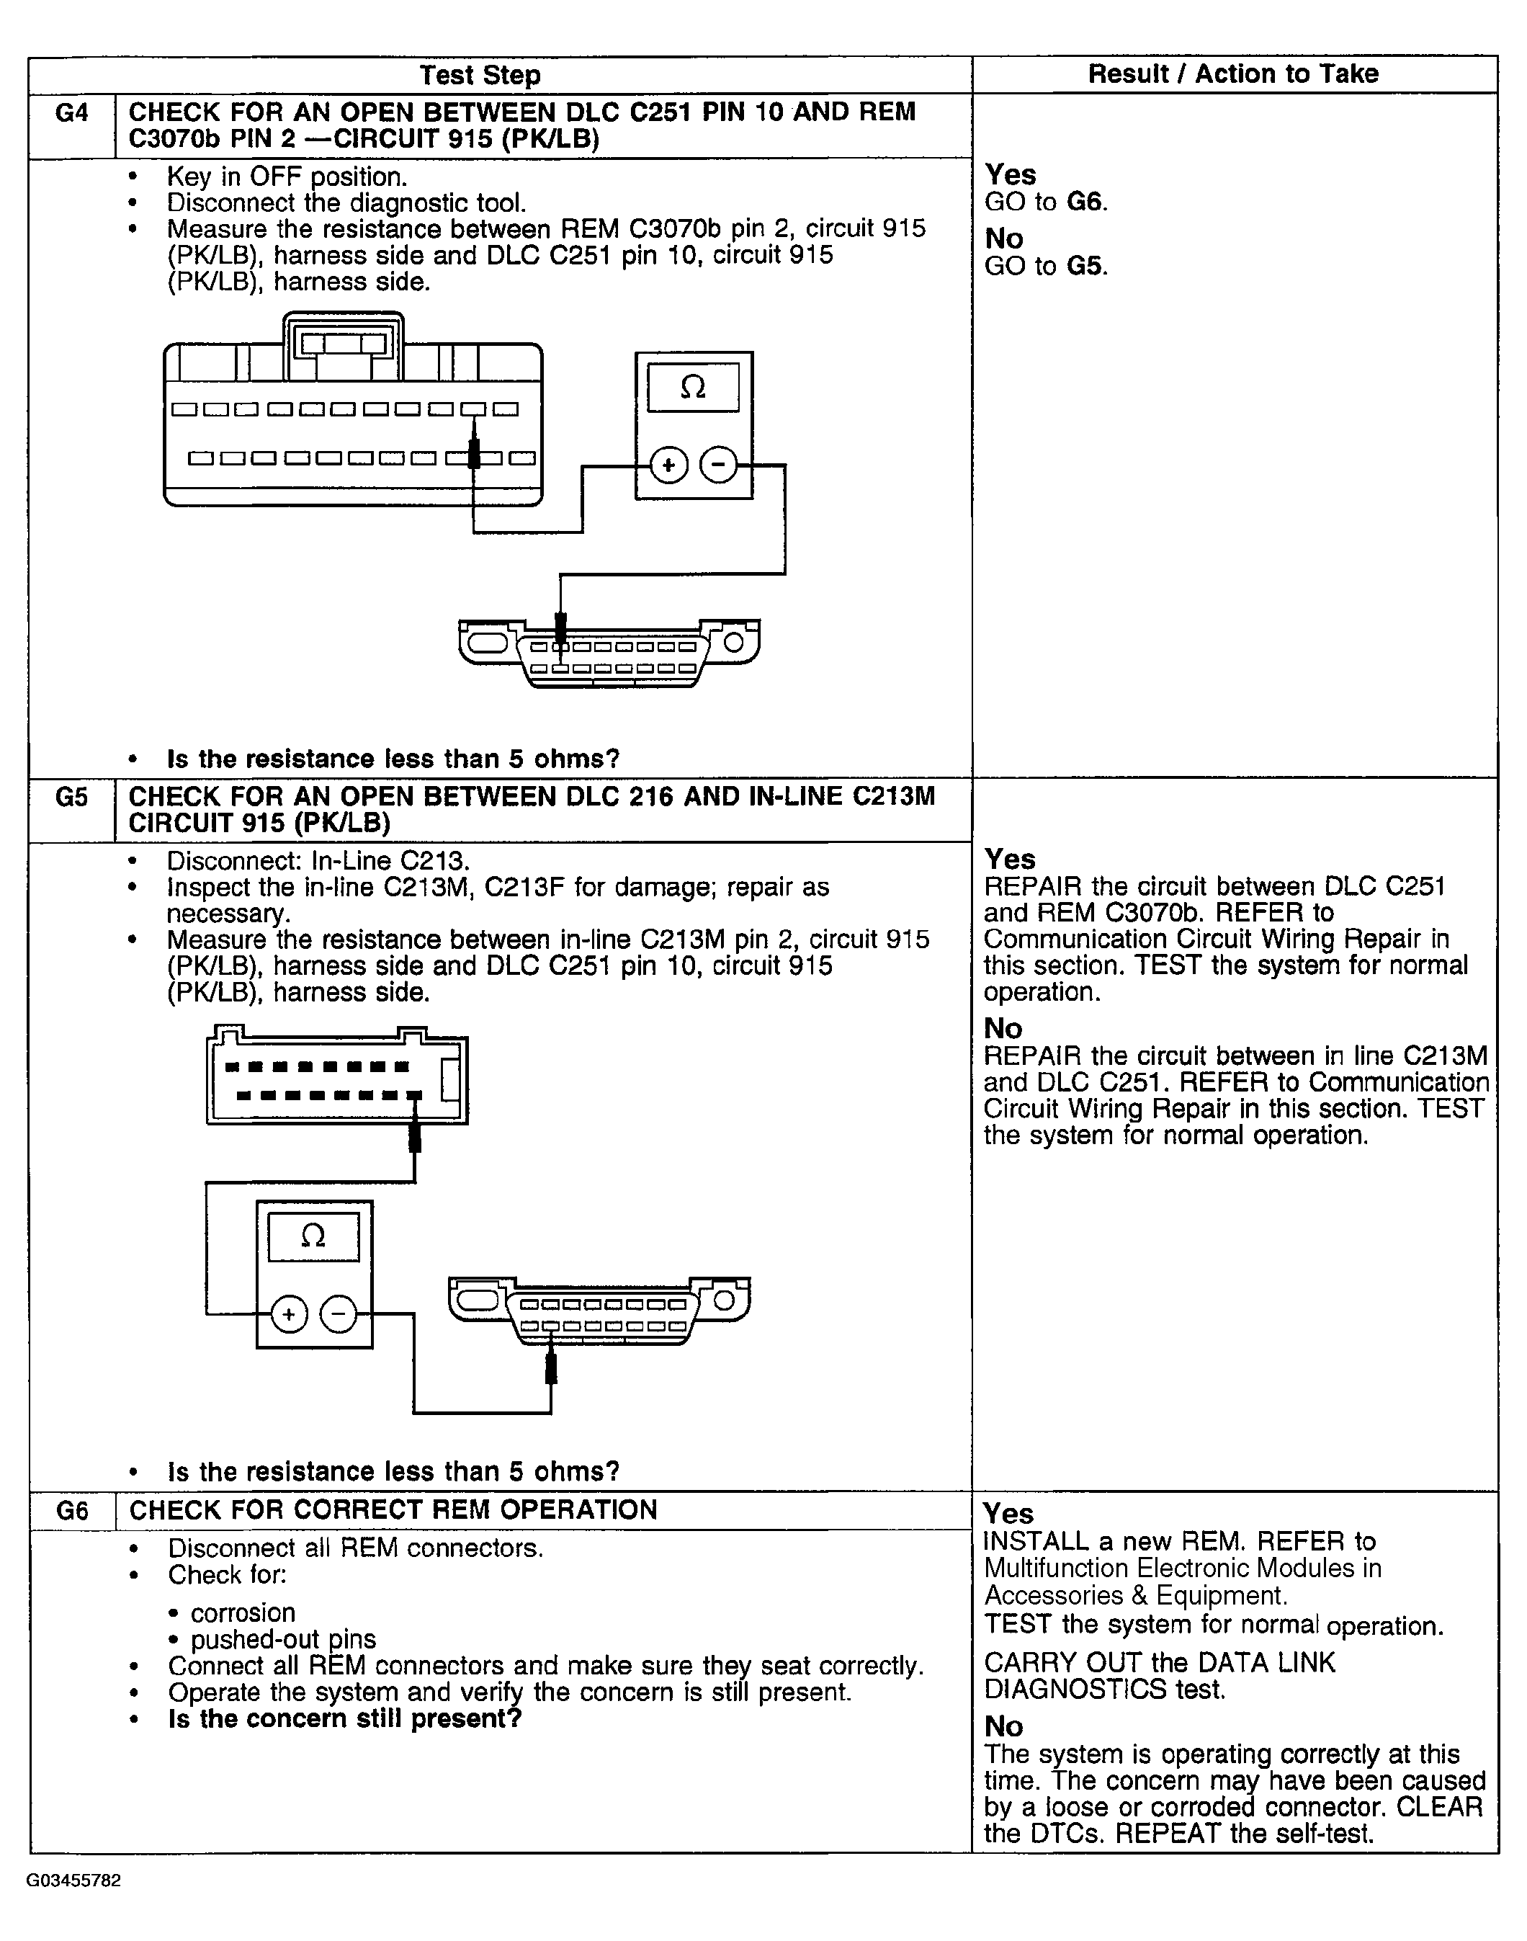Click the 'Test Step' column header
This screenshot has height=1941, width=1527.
pos(480,75)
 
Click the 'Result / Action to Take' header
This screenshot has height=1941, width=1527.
pos(1233,74)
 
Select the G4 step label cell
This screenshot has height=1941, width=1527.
pos(71,112)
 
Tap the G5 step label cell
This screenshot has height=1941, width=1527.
pos(71,797)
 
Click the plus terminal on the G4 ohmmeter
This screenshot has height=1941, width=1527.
pos(668,465)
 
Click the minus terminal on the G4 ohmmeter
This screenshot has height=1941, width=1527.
pos(718,465)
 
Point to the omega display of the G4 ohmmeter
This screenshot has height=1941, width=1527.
pos(693,387)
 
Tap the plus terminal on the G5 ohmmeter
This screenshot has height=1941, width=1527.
pos(289,1314)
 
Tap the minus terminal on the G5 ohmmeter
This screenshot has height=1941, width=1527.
pos(338,1314)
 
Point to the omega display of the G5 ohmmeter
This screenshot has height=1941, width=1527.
pos(313,1236)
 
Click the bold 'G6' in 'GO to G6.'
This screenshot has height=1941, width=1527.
pos(1085,202)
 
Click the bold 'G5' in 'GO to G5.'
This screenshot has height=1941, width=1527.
pos(1085,267)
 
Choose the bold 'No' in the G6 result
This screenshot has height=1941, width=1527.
pos(1004,1726)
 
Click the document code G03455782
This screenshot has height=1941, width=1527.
pos(73,1881)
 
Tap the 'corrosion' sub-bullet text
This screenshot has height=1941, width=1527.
pos(243,1613)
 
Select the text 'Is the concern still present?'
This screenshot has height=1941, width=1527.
pos(345,1719)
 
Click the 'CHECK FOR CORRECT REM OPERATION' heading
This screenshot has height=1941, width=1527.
pos(393,1510)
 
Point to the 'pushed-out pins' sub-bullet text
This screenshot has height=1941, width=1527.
pos(283,1640)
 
